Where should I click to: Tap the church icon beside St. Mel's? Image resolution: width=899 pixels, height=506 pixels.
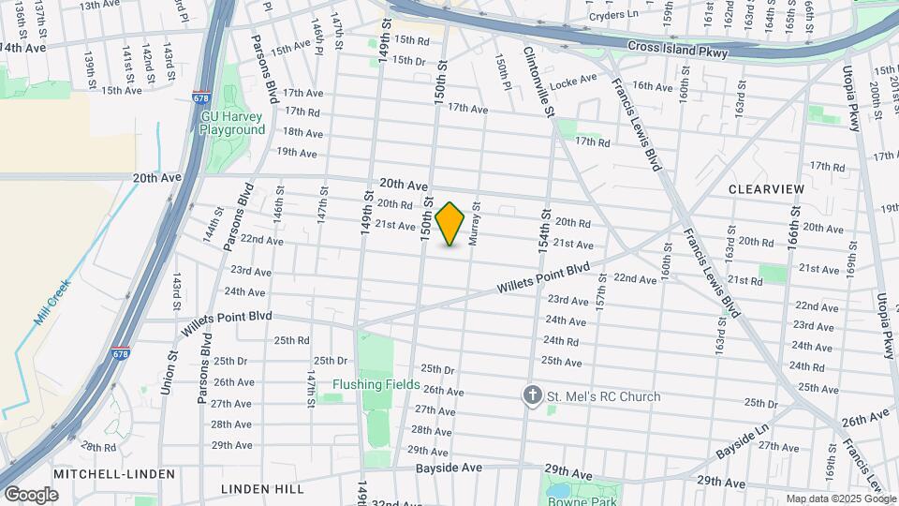tap(533, 396)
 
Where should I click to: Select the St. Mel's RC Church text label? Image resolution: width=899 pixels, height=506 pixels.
tap(604, 396)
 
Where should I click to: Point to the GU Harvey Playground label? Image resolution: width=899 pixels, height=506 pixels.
tap(232, 124)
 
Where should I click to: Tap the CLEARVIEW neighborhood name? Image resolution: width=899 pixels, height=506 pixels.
tap(766, 189)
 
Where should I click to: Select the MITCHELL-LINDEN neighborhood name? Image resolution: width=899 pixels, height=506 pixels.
tap(114, 474)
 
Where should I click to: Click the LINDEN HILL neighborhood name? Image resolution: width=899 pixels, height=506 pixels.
tap(261, 489)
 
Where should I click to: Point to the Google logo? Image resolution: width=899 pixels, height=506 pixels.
tap(31, 495)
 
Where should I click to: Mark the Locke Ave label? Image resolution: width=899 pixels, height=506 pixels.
tap(574, 82)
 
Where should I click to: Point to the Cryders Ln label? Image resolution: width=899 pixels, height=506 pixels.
tap(613, 16)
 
